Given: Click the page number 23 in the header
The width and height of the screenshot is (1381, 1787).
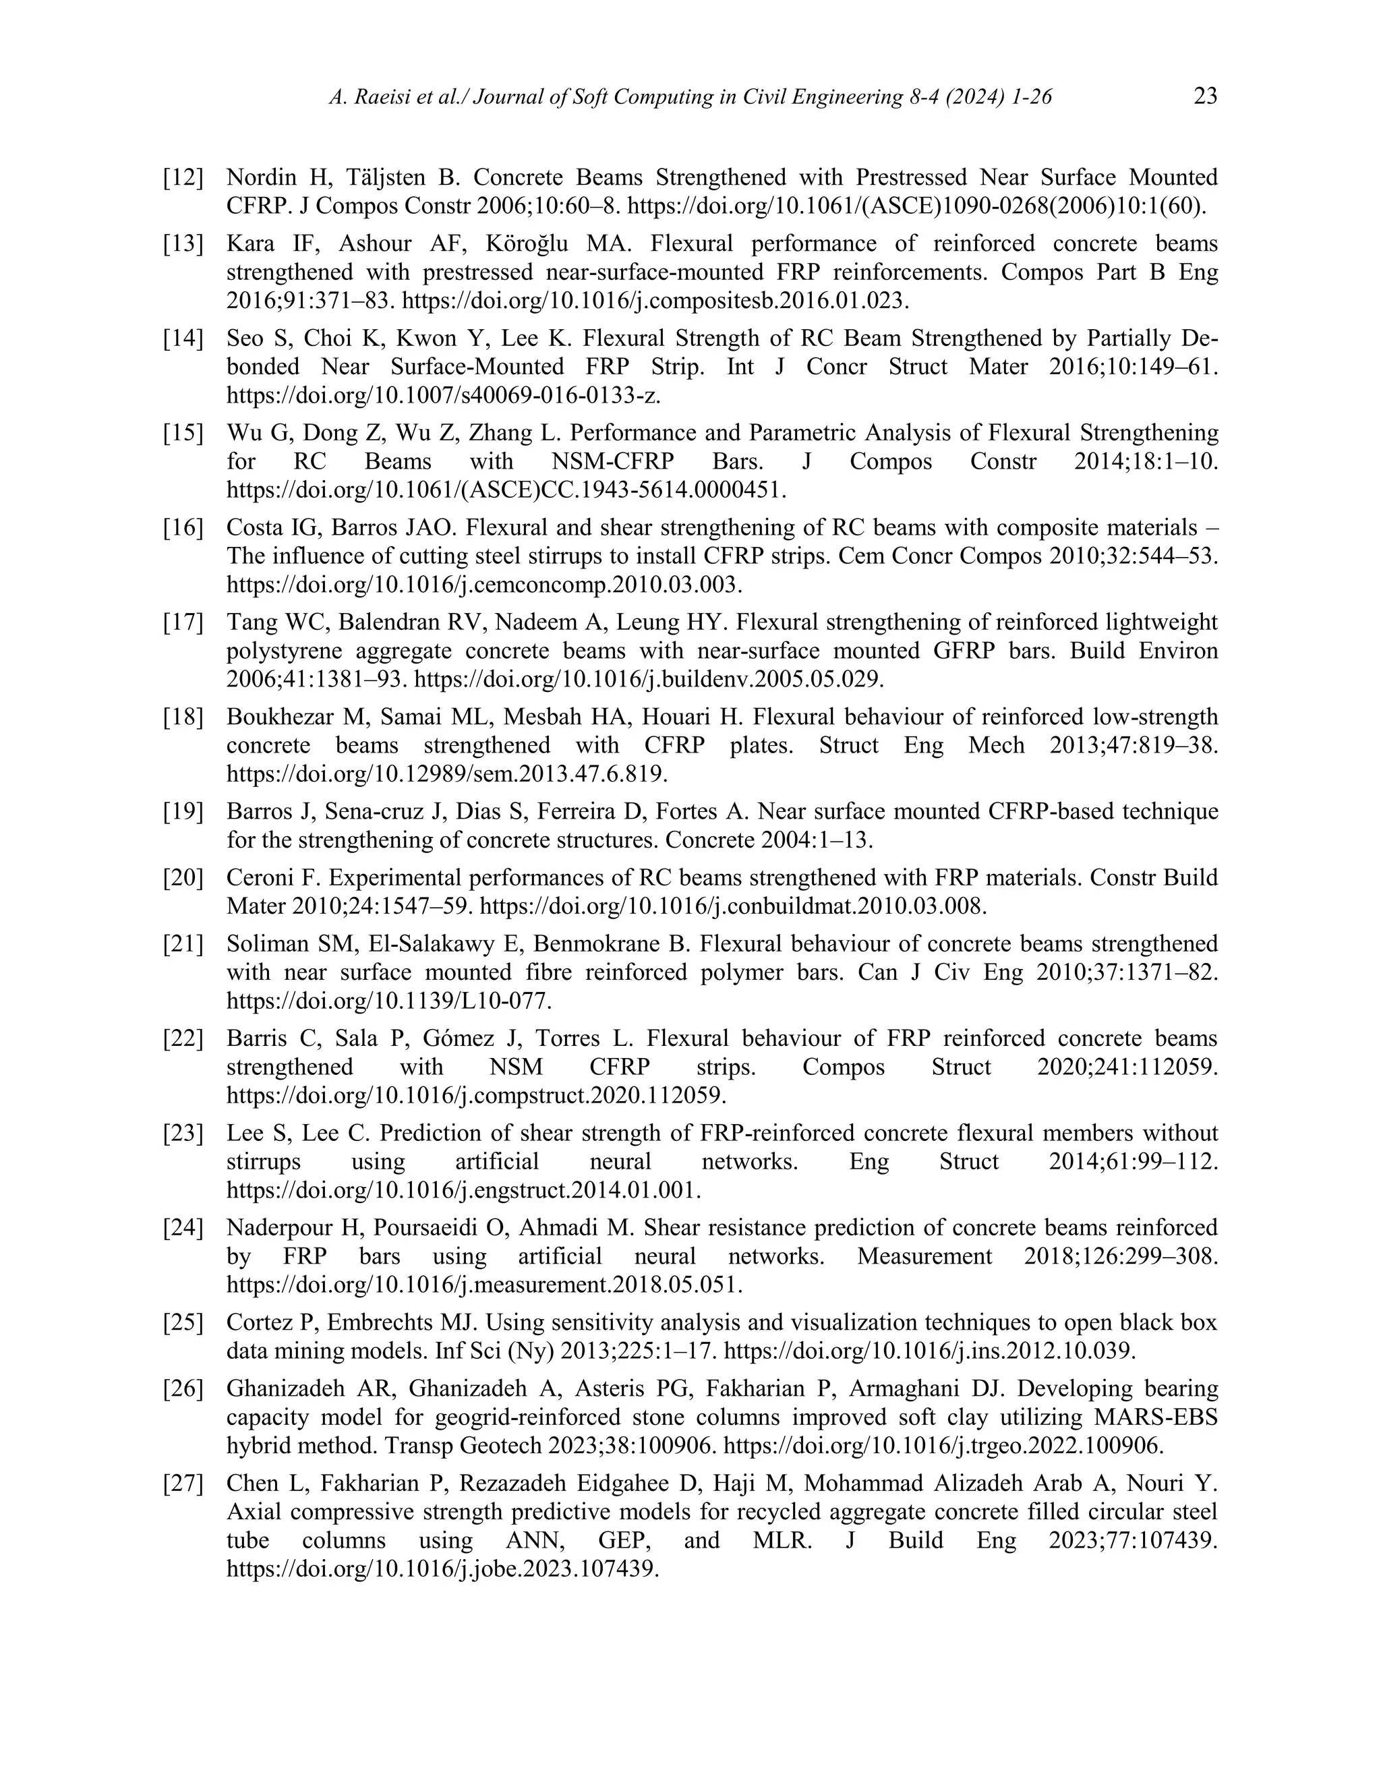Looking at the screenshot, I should (1205, 97).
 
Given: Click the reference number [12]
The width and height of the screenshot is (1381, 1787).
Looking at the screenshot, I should (183, 177).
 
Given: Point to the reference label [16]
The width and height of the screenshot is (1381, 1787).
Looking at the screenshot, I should (183, 528).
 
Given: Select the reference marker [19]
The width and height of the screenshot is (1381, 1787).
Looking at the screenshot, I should (183, 812).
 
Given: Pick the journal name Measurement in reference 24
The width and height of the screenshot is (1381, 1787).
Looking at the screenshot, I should (924, 1256).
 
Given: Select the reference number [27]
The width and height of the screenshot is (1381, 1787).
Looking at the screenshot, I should (183, 1484).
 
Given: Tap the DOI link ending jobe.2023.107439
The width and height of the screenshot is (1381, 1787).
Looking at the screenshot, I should (442, 1569).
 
